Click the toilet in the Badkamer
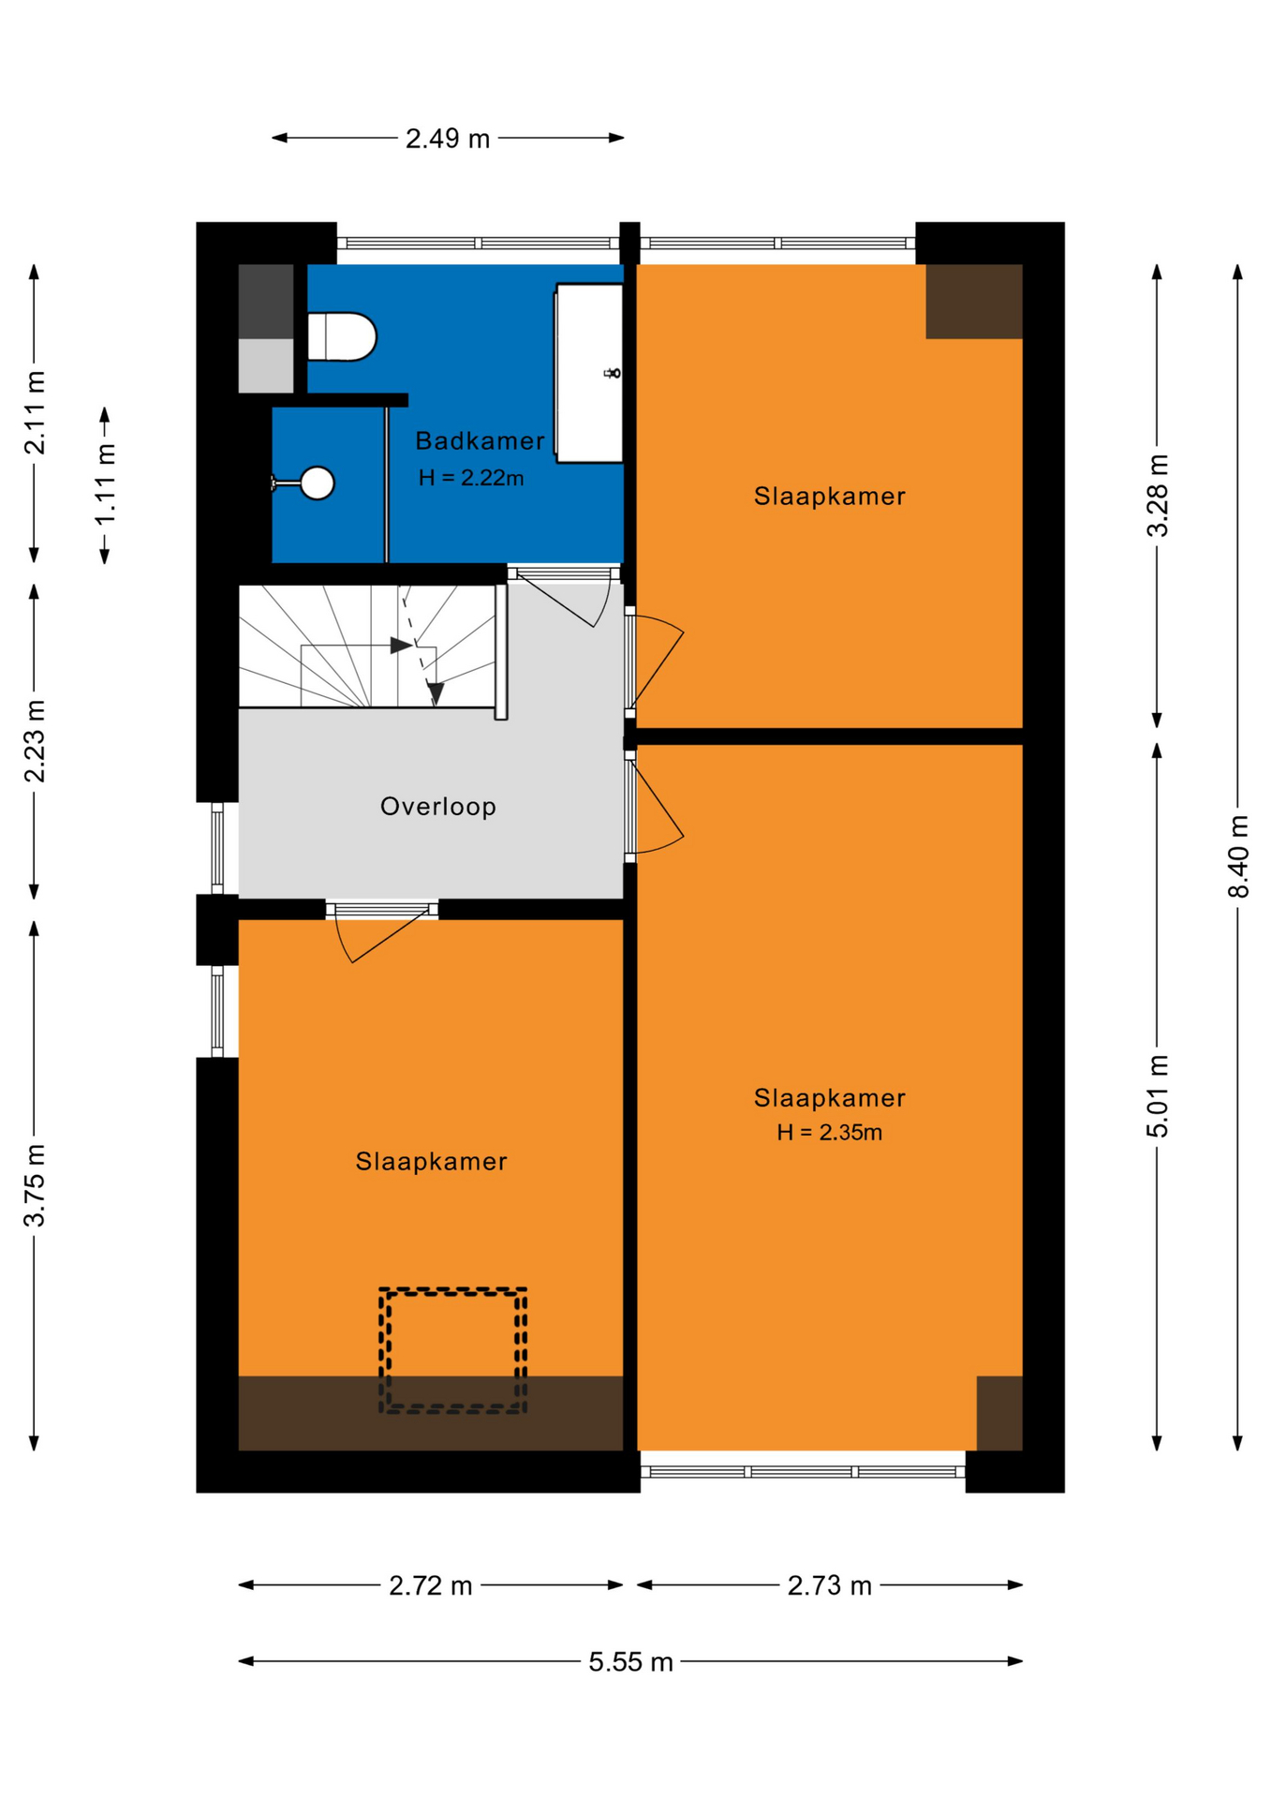tap(342, 337)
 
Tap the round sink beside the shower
tap(318, 483)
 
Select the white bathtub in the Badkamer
tap(589, 373)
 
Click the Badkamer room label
tap(480, 441)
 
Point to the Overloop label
tap(438, 807)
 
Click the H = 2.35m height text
tap(829, 1133)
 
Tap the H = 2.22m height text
tap(471, 478)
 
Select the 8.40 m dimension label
tap(1238, 856)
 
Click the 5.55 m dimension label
tap(630, 1662)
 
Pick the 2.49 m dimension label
tap(448, 139)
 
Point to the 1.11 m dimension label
tap(105, 484)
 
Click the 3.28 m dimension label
tap(1158, 496)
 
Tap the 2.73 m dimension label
tap(829, 1585)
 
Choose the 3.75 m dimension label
tap(35, 1185)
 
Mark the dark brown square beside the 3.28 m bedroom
tap(974, 301)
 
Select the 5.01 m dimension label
tap(1158, 1096)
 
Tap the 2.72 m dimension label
tap(430, 1585)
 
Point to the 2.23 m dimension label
tap(35, 741)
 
